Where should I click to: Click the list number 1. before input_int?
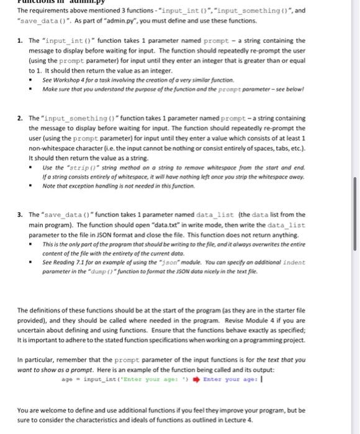click(20, 40)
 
